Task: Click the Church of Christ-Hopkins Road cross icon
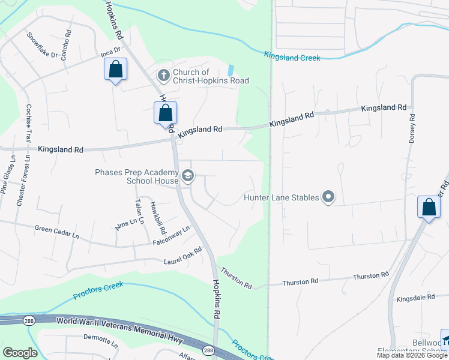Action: pyautogui.click(x=163, y=76)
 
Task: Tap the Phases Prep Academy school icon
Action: pyautogui.click(x=187, y=175)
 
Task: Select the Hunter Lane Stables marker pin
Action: pyautogui.click(x=328, y=197)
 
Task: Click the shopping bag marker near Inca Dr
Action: pyautogui.click(x=116, y=70)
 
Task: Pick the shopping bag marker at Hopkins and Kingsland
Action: pyautogui.click(x=166, y=113)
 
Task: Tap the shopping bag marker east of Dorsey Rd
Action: pyautogui.click(x=429, y=208)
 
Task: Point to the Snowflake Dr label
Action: pyautogui.click(x=42, y=45)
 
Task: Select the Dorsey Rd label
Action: pyautogui.click(x=412, y=129)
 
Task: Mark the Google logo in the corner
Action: pyautogui.click(x=20, y=353)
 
